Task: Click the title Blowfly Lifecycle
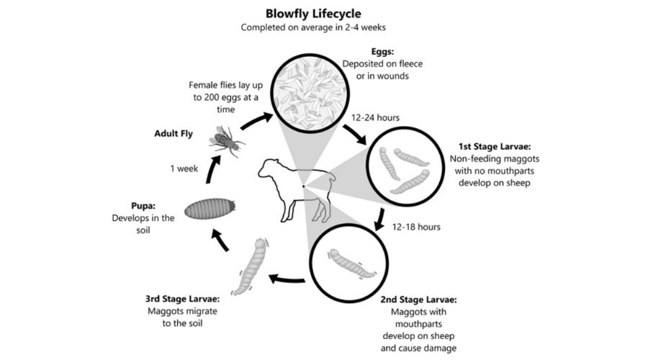click(323, 13)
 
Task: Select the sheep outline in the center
click(296, 186)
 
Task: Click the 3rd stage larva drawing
click(248, 266)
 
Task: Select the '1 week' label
click(184, 168)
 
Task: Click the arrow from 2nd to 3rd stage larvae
click(284, 279)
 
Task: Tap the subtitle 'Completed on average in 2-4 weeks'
click(323, 28)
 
